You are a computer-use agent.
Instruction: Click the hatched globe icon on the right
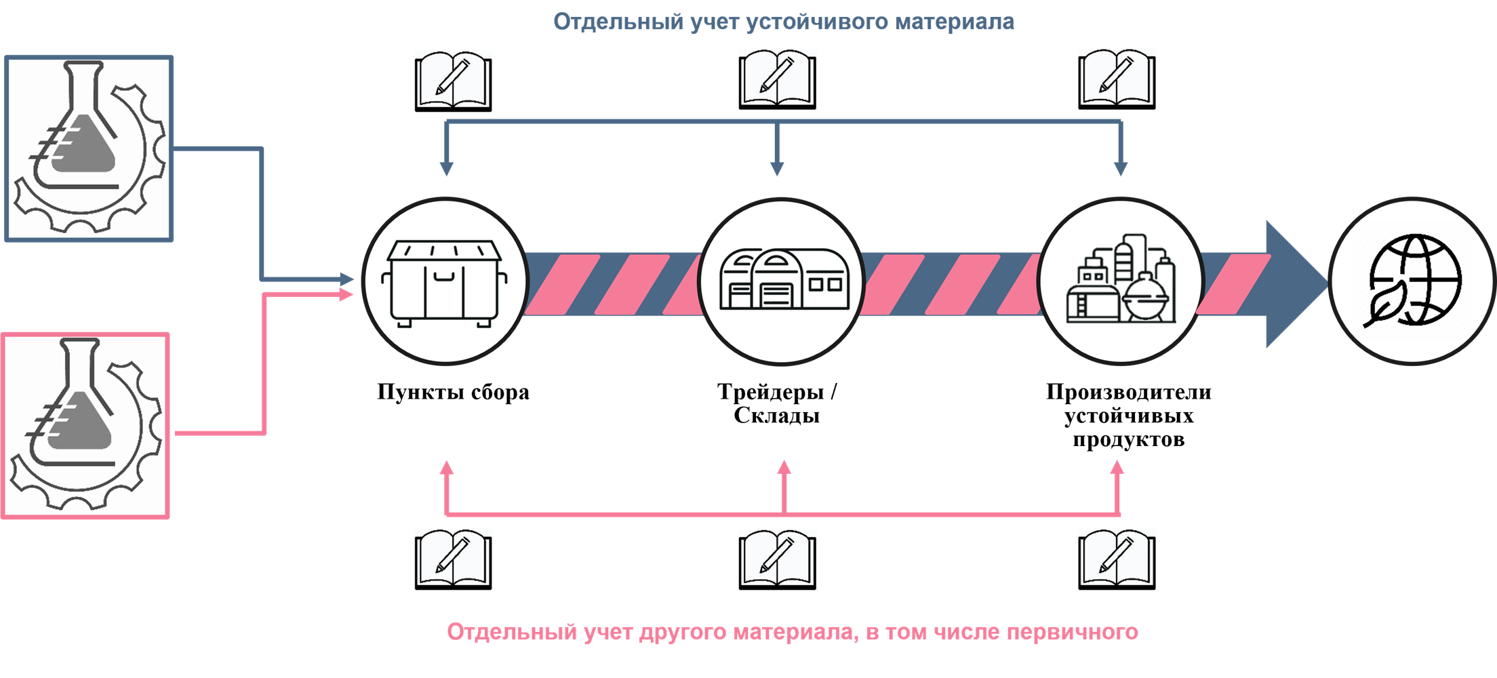click(1412, 281)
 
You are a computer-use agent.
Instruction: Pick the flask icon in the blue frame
click(89, 148)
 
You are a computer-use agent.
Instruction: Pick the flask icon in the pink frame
click(85, 426)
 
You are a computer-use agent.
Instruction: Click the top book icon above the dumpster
click(454, 81)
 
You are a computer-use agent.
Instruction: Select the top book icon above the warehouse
click(778, 79)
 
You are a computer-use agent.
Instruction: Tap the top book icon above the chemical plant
click(1117, 79)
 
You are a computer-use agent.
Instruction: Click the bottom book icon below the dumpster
click(454, 560)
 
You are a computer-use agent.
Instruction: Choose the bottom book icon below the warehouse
click(778, 560)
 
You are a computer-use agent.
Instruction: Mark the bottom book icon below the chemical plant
click(1117, 560)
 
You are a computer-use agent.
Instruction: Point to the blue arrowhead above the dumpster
click(446, 169)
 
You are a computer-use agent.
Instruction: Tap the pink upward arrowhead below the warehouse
click(784, 467)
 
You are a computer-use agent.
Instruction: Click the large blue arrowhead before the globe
click(1292, 284)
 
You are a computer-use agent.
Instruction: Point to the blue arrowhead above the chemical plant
click(1121, 169)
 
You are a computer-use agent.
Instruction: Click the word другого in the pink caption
click(683, 632)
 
